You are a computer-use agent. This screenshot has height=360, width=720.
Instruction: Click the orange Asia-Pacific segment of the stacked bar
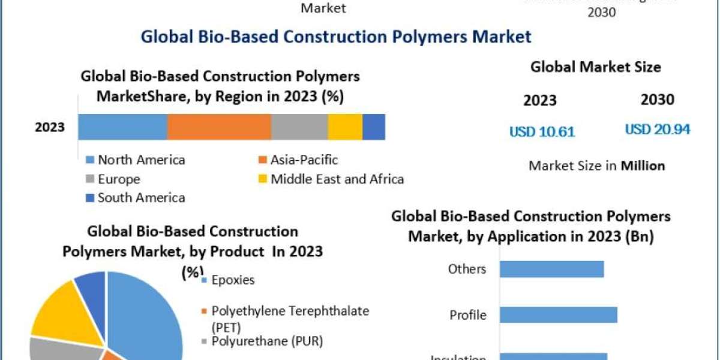219,127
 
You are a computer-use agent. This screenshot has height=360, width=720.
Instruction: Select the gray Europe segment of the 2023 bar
299,127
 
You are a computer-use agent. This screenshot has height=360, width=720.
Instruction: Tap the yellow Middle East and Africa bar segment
345,127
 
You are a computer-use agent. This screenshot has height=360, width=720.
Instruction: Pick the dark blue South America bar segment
374,127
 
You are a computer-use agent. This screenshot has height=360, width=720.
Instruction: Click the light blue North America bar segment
122,127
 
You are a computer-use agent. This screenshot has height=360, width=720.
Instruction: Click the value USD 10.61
542,131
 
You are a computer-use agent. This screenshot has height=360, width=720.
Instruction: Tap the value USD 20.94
658,129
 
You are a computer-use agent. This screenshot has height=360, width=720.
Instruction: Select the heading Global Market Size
595,67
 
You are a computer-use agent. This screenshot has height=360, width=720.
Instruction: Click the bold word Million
643,166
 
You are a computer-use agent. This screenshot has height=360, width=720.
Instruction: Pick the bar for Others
551,269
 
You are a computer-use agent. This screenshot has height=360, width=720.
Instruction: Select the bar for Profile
558,315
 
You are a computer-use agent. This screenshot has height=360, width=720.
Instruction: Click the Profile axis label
468,315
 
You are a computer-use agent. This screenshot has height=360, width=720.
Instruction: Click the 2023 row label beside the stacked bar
50,127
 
